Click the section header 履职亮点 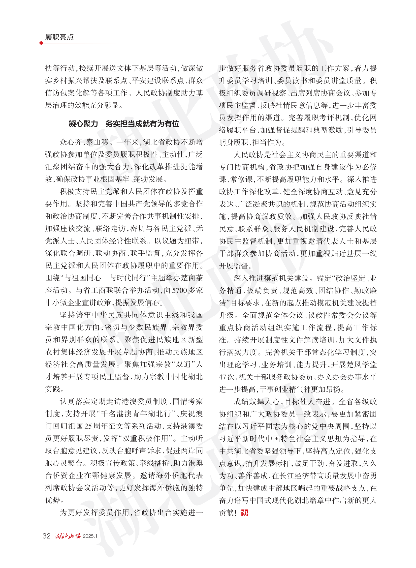coord(59,37)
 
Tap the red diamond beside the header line coord(41,43)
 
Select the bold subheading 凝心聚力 coord(83,123)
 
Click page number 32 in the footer coord(47,536)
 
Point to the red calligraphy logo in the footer coord(68,536)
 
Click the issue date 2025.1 coord(90,536)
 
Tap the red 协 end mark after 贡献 coord(244,513)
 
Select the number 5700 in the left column coord(180,290)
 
